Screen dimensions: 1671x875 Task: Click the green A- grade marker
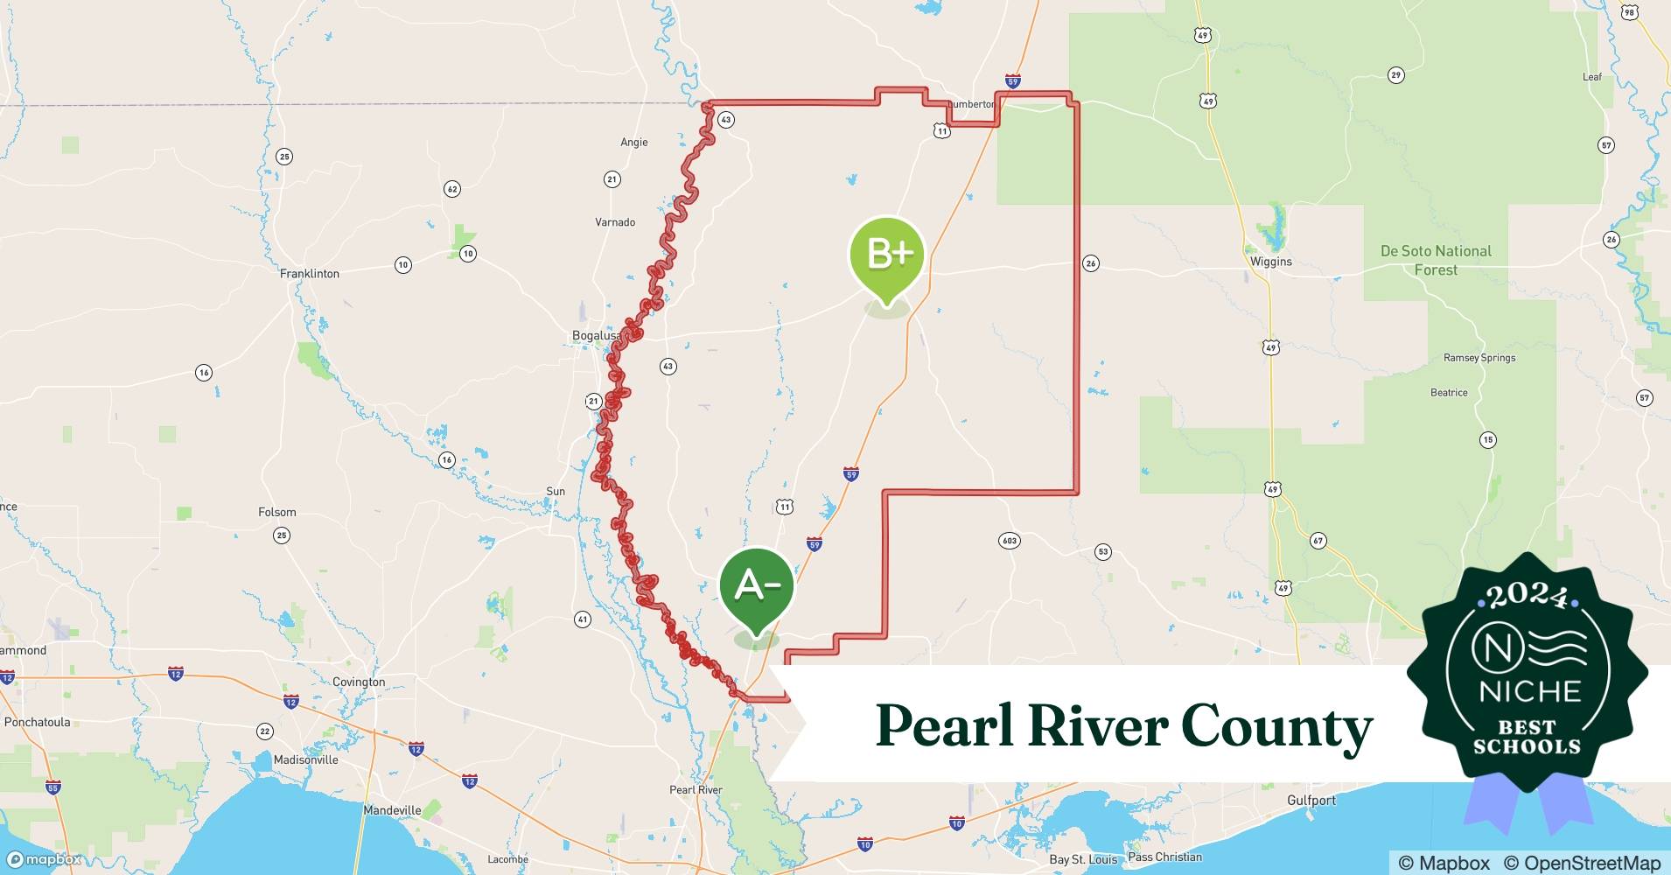756,586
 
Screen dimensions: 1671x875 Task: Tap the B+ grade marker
887,255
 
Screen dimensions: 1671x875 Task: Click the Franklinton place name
310,274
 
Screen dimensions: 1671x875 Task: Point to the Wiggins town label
1270,262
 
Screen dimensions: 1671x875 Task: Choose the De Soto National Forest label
1436,260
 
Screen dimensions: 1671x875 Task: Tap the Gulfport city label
1311,800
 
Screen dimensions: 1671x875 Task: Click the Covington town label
359,682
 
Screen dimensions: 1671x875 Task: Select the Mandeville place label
392,810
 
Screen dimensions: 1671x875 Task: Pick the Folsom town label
277,512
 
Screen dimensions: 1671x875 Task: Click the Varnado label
615,222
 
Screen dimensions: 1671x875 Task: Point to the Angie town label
634,142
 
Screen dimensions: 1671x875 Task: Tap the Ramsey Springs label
1479,358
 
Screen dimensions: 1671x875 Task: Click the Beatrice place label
1449,393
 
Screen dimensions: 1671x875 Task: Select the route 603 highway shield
1010,541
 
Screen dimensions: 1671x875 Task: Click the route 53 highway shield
1102,551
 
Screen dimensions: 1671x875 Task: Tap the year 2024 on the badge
1527,596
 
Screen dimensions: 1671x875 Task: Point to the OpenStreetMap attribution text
1582,863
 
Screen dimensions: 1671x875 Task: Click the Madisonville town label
305,759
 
